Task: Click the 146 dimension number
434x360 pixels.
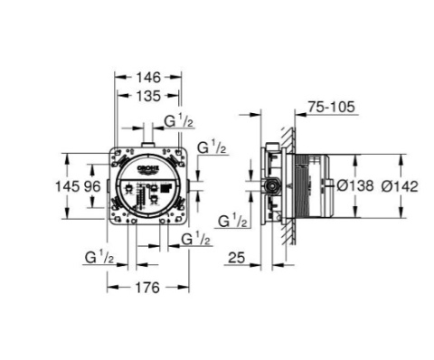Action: tap(148, 78)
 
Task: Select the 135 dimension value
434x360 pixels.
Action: tap(148, 96)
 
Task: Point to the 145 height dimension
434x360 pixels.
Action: tap(67, 186)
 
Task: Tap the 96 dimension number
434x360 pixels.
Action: tap(92, 186)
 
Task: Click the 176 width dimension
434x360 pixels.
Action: tap(147, 288)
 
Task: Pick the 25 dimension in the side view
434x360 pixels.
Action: tap(237, 258)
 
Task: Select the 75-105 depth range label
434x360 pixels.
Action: tap(332, 107)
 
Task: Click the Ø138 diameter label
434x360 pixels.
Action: tap(355, 185)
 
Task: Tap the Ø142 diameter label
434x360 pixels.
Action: tap(400, 186)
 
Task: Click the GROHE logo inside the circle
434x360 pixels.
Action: tap(147, 169)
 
